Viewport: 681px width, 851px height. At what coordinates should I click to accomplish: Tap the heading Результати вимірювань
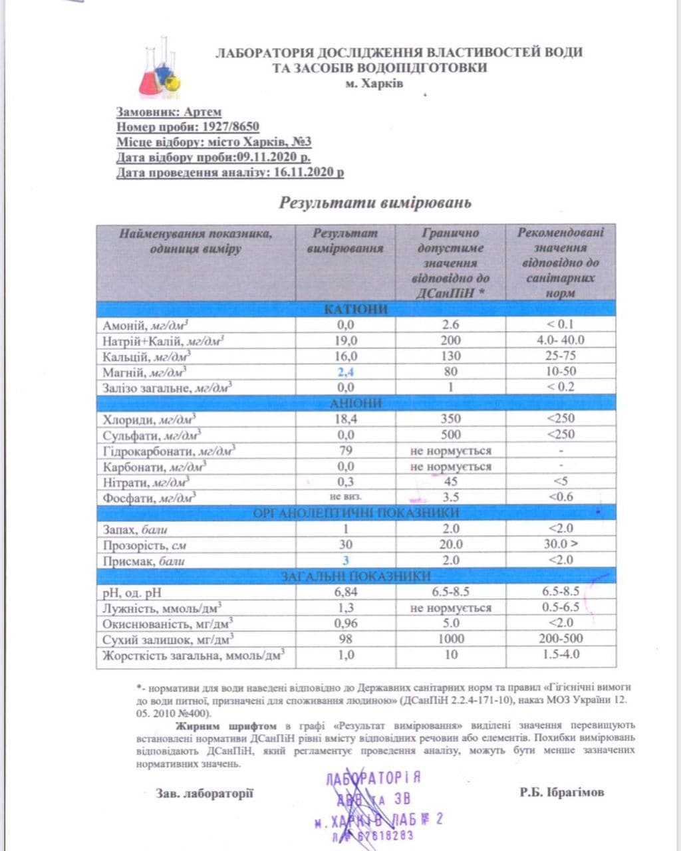point(374,202)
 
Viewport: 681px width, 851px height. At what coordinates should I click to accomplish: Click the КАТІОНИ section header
point(356,309)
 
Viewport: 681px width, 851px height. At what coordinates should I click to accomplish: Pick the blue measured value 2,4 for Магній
point(345,372)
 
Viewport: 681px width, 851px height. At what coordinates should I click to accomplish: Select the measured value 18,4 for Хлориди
point(345,419)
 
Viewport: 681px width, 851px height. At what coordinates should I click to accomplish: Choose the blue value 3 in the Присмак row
point(345,560)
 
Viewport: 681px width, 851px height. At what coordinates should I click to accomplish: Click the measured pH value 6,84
point(345,592)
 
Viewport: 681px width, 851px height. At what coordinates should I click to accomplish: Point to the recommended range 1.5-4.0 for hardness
point(560,654)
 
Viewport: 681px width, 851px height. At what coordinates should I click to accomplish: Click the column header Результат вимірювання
point(345,241)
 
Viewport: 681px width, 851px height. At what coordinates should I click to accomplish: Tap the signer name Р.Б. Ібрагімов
point(562,792)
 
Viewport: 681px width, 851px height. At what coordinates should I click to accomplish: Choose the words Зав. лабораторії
point(204,793)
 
